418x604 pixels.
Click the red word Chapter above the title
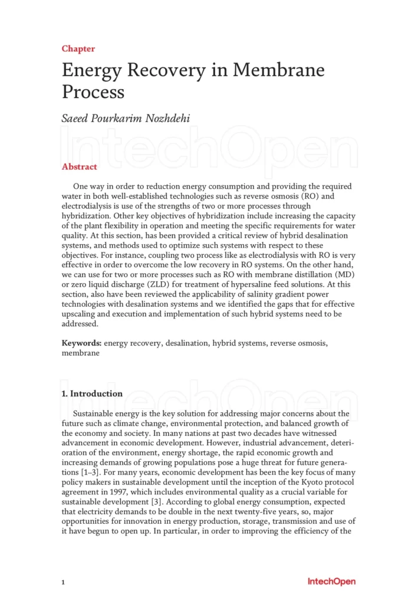[x=78, y=49]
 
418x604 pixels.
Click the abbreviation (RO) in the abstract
[x=317, y=195]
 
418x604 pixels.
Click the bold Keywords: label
[x=82, y=343]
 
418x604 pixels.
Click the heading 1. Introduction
[x=93, y=393]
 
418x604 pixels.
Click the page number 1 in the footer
[x=63, y=582]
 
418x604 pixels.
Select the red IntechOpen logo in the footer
[x=331, y=582]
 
